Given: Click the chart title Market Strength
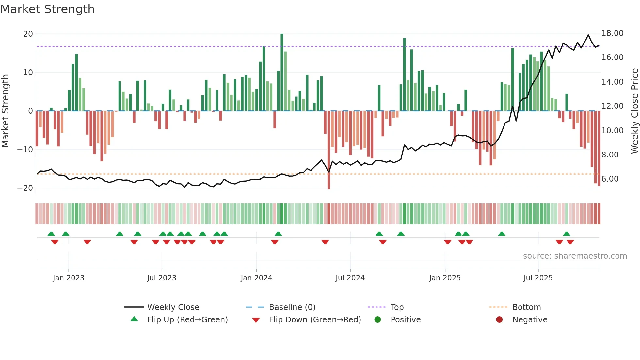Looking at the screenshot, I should point(47,9).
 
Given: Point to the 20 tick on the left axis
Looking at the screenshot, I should point(28,34).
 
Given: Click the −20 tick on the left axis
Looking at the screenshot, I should point(25,188).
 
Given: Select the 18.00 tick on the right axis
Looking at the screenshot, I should point(612,33).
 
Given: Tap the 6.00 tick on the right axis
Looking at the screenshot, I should point(610,179).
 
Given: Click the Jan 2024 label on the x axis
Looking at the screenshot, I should point(256,278).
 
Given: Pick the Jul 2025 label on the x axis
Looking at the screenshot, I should point(538,278).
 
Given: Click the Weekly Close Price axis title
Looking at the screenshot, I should point(634,111).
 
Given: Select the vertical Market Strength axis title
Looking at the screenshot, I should point(6,111).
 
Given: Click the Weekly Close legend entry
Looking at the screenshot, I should point(173,307).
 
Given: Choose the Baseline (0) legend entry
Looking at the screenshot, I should point(292,307).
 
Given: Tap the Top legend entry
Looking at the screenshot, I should point(397,307).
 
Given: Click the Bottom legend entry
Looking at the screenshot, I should point(526,307).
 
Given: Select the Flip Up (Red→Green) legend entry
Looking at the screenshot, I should point(187,320).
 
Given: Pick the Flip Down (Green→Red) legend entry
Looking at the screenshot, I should point(315,320).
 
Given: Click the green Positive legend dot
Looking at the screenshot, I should point(378,319).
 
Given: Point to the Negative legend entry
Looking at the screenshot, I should point(529,320).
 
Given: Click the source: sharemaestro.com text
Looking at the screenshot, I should point(575,256).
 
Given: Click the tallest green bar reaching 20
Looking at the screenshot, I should point(282,72).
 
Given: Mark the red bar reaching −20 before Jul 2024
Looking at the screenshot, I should point(329,150).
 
